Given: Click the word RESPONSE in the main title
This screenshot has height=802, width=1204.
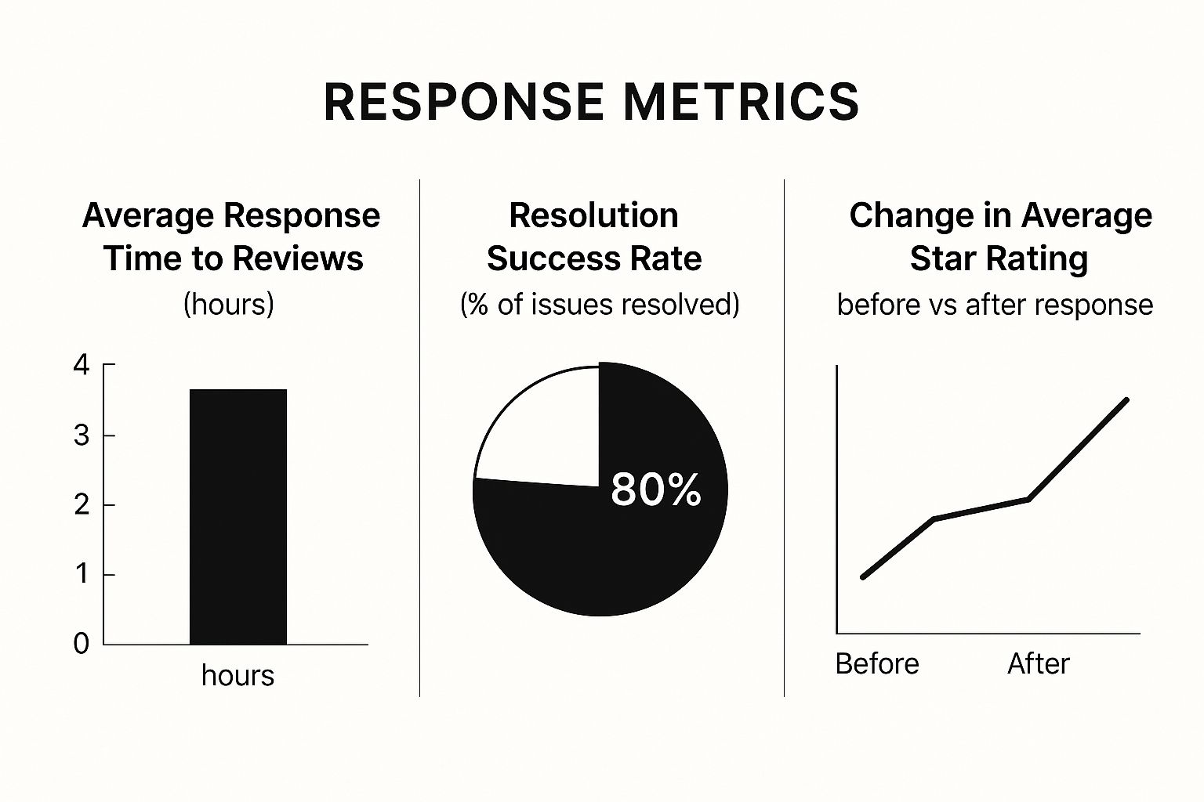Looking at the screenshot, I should pyautogui.click(x=463, y=102).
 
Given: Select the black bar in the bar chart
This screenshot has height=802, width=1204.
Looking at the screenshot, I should pyautogui.click(x=238, y=517).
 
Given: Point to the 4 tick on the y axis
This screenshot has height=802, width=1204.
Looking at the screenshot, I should pyautogui.click(x=82, y=365).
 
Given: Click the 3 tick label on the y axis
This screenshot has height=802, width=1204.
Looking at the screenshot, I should pyautogui.click(x=82, y=435).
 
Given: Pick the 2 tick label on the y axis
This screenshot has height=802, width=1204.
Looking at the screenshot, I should pyautogui.click(x=82, y=505).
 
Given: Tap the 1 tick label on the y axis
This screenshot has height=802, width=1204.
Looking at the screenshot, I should pyautogui.click(x=82, y=574).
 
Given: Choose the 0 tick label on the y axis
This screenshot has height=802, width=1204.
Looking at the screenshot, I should pyautogui.click(x=82, y=644).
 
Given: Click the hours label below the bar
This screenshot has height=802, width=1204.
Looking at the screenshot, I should pyautogui.click(x=238, y=675).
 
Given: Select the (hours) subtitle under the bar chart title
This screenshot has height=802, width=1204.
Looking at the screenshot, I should pyautogui.click(x=229, y=304).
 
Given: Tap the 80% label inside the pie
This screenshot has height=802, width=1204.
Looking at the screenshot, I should pyautogui.click(x=655, y=490).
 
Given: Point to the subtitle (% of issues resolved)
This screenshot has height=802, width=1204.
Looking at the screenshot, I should pyautogui.click(x=600, y=304).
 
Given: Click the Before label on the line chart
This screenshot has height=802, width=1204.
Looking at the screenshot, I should pyautogui.click(x=877, y=663).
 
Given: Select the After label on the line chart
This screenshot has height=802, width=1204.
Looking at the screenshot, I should pyautogui.click(x=1038, y=663).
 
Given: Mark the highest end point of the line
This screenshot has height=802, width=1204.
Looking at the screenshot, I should pyautogui.click(x=1126, y=399).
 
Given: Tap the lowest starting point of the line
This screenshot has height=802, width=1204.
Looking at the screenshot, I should pyautogui.click(x=863, y=577).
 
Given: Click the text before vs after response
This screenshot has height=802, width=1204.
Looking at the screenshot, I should pyautogui.click(x=995, y=304).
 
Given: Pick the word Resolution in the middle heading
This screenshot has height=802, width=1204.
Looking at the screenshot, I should pyautogui.click(x=593, y=215).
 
